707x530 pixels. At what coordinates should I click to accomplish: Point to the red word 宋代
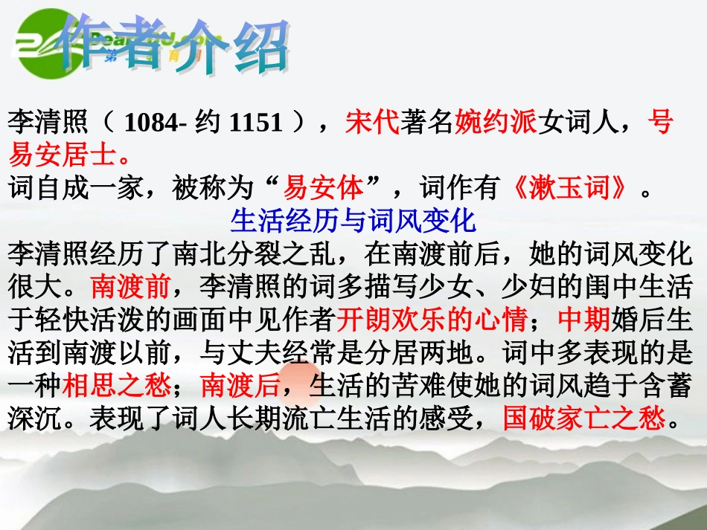click(x=372, y=122)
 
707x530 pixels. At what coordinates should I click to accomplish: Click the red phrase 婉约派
click(x=496, y=122)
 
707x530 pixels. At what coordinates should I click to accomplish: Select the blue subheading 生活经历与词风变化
click(x=353, y=221)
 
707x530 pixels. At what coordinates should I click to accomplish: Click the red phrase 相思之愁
click(x=115, y=385)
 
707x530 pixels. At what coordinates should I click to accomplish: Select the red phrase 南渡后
click(x=240, y=385)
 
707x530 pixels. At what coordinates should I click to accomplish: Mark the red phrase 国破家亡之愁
click(x=584, y=418)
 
